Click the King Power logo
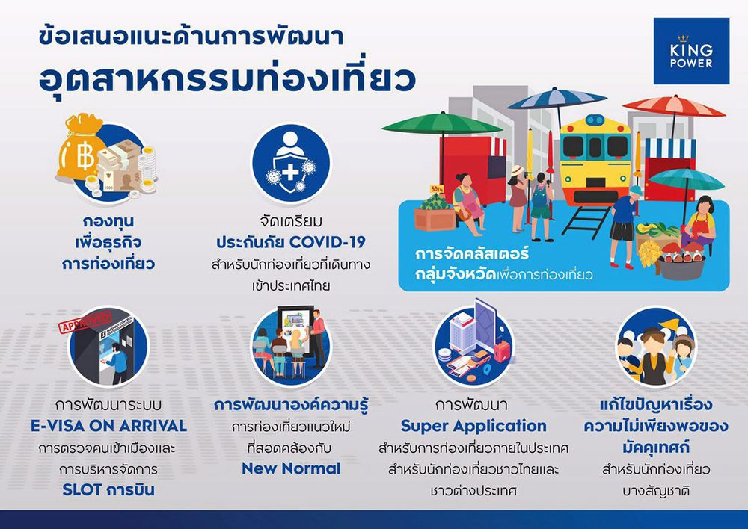pos(691,51)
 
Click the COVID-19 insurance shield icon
pos(291,163)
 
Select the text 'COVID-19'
pos(328,242)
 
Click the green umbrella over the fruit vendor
pos(441,124)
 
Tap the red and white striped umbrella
pos(674,106)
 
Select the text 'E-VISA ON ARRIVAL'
pos(108,426)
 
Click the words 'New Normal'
pos(292,468)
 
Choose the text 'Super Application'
pos(473,426)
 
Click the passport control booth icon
pos(109,347)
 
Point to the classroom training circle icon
pos(290,347)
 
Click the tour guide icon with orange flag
pos(656,347)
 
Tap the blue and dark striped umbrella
pos(557,99)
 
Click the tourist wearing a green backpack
pos(541,206)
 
